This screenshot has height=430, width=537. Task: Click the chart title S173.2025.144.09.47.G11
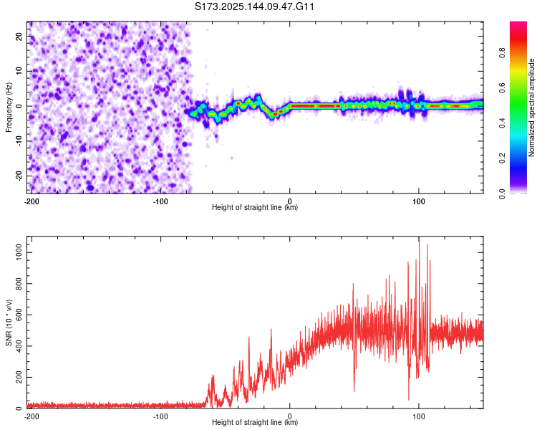click(255, 6)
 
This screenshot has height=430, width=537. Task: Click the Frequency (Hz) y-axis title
click(9, 107)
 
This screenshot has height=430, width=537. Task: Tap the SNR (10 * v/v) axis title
click(9, 322)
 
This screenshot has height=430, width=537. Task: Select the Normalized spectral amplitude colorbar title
click(531, 107)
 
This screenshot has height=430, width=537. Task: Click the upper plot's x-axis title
click(255, 208)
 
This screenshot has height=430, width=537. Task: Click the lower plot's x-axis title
click(255, 423)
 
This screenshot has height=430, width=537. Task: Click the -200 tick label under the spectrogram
click(31, 200)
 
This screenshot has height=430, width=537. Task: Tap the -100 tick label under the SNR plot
click(160, 415)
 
